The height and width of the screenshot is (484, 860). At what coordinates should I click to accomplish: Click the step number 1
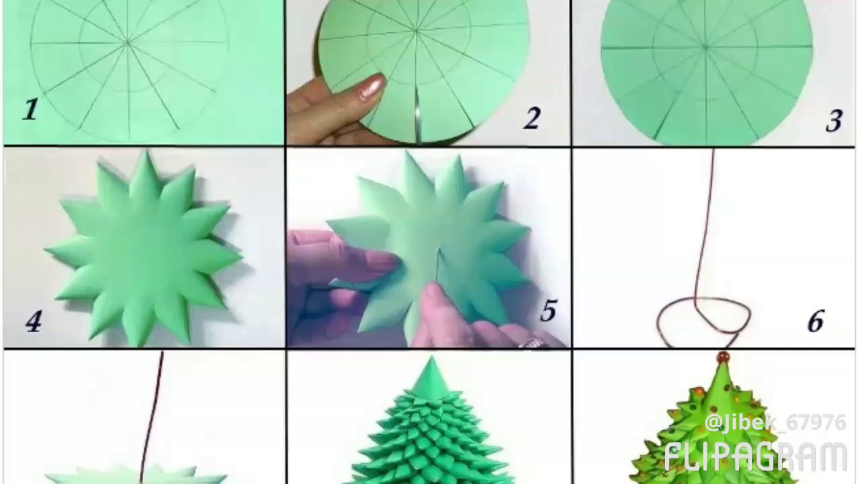click(x=30, y=110)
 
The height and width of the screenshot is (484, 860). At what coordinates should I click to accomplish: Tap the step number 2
click(x=531, y=119)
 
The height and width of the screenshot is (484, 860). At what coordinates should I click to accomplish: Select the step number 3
click(x=833, y=121)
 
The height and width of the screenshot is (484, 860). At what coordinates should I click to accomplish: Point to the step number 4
click(x=33, y=321)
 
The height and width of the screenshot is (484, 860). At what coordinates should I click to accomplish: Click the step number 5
click(x=548, y=311)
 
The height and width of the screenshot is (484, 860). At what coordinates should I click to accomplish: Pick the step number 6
click(x=815, y=322)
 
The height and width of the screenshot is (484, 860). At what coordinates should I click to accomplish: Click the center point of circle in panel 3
click(x=705, y=47)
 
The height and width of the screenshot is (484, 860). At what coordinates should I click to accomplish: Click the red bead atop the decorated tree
click(x=723, y=357)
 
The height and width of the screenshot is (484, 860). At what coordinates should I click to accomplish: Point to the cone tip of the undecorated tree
click(x=430, y=363)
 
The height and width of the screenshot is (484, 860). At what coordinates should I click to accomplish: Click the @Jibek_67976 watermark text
click(x=775, y=423)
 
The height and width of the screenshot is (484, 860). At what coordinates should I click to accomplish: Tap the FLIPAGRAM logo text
click(x=755, y=457)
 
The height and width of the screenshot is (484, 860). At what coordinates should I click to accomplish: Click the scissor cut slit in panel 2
click(x=417, y=114)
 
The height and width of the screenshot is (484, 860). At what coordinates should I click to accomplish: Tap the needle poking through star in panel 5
click(x=437, y=266)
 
